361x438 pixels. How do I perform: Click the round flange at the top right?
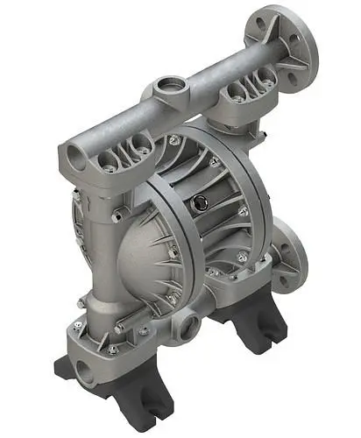(290, 44)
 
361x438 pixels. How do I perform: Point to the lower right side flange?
(289, 256)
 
